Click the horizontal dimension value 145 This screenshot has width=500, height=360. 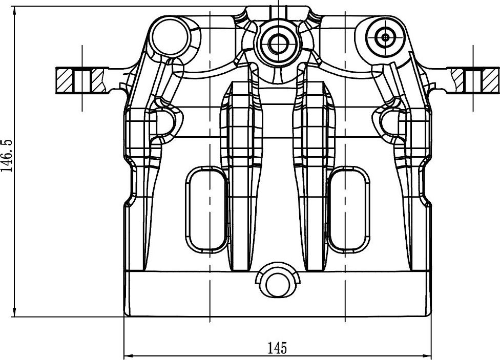click(x=277, y=348)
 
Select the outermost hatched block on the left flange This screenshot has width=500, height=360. click(x=65, y=80)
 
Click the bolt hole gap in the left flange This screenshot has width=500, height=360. click(x=82, y=80)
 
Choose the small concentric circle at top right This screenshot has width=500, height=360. click(x=385, y=36)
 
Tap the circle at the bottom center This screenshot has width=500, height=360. click(x=277, y=282)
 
